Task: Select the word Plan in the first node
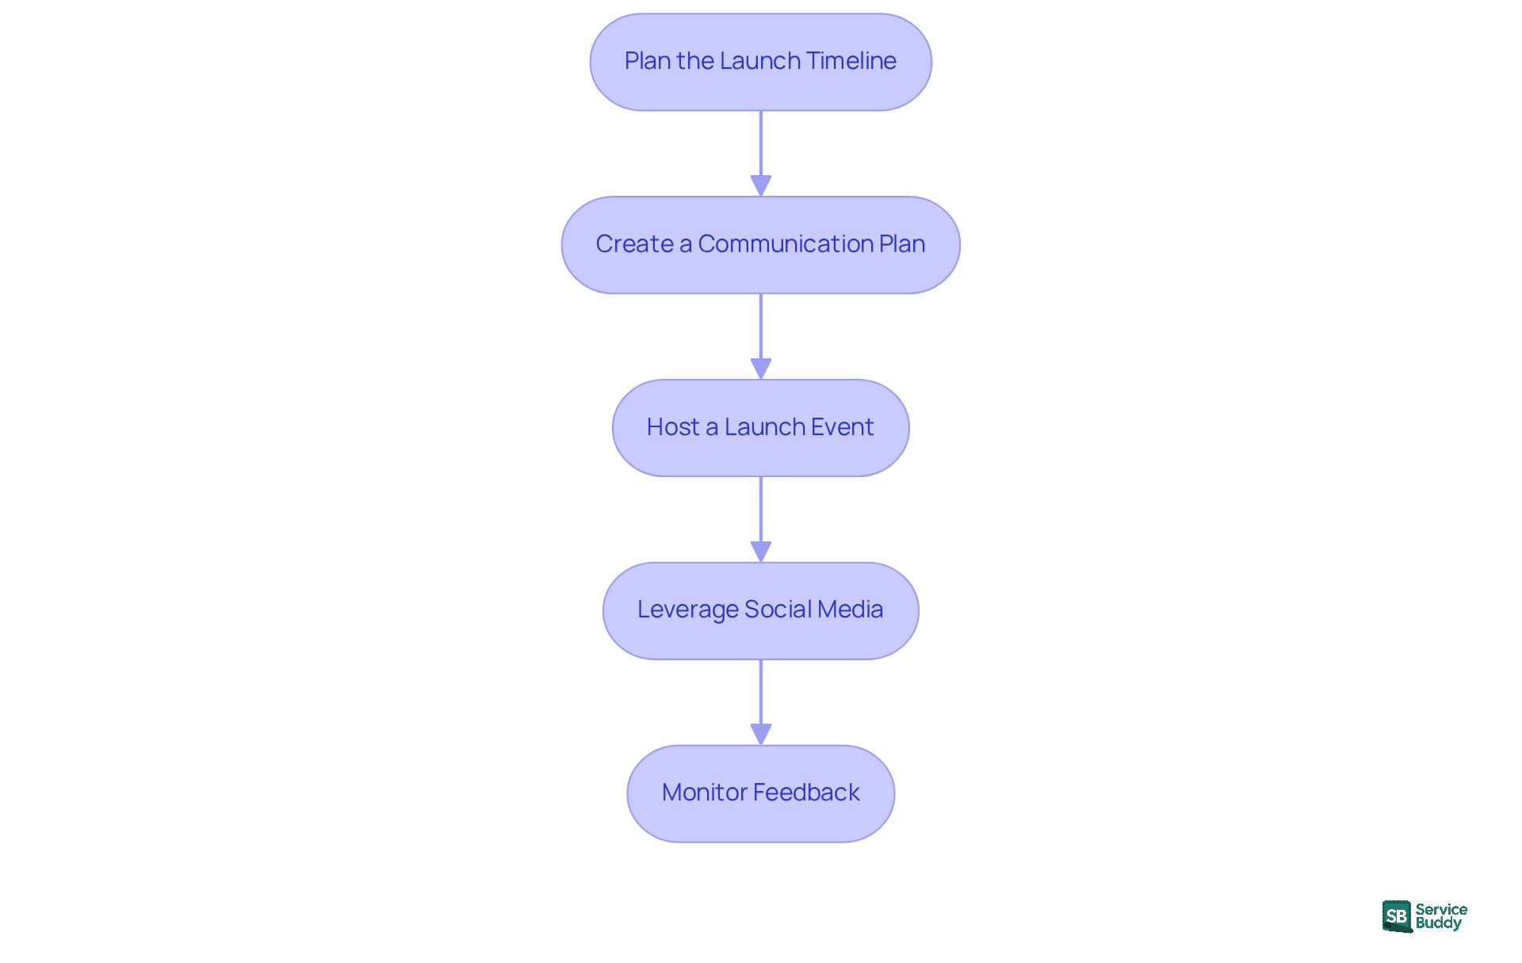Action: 647,61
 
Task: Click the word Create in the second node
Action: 634,244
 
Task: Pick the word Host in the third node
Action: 672,427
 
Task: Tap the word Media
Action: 850,610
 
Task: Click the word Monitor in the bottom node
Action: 704,793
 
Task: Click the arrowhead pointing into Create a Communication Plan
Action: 761,186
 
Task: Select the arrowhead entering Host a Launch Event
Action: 761,369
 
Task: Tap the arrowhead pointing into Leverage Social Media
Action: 761,552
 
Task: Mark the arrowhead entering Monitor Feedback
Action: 761,735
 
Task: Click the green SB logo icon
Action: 1397,916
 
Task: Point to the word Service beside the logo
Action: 1441,909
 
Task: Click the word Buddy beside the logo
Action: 1438,923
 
